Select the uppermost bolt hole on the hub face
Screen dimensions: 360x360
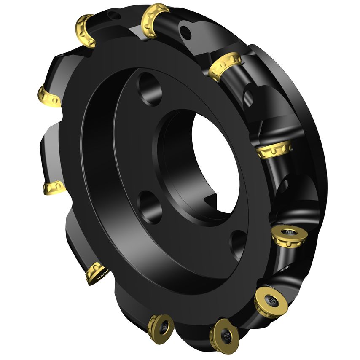pyautogui.click(x=149, y=89)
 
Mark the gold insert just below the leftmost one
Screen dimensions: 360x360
pyautogui.click(x=54, y=188)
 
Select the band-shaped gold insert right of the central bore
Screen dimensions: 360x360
pyautogui.click(x=274, y=150)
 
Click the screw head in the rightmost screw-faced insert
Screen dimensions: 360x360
pyautogui.click(x=290, y=233)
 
